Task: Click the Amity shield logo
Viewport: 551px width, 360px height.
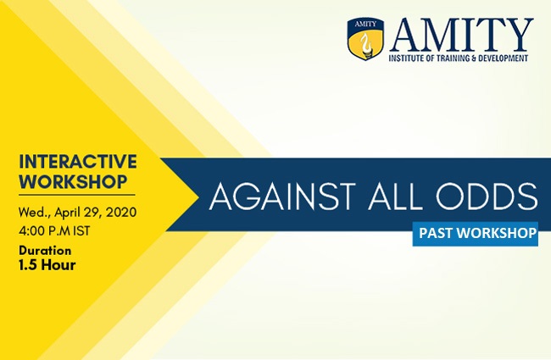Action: [365, 39]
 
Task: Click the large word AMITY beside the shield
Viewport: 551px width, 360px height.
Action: [461, 35]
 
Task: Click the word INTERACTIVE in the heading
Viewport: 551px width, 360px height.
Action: [78, 162]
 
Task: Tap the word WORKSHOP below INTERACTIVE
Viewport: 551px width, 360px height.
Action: [73, 181]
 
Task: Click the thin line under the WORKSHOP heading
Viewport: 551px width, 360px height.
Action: [77, 195]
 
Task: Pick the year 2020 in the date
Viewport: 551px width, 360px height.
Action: [121, 213]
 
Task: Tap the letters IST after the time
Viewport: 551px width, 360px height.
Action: [81, 231]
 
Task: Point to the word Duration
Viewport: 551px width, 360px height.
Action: [45, 251]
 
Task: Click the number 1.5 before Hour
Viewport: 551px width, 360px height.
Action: [28, 265]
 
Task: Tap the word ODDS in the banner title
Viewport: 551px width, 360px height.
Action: [487, 197]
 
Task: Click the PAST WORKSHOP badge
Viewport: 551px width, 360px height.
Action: [475, 234]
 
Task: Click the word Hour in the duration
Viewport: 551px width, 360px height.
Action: [58, 265]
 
